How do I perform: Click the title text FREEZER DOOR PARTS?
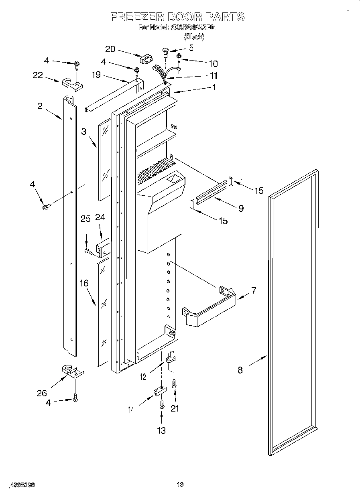tap(177, 17)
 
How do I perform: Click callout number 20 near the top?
tap(110, 49)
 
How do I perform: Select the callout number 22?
tap(38, 75)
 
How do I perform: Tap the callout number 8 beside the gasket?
tap(240, 370)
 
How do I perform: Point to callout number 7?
tap(253, 290)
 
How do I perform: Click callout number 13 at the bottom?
tap(161, 430)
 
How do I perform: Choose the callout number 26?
tap(42, 393)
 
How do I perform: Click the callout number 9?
tap(241, 208)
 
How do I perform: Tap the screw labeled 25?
tap(88, 251)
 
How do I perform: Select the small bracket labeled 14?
tap(159, 391)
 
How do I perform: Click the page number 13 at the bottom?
tap(180, 485)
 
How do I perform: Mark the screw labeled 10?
tap(180, 61)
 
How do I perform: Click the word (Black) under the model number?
tap(194, 37)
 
